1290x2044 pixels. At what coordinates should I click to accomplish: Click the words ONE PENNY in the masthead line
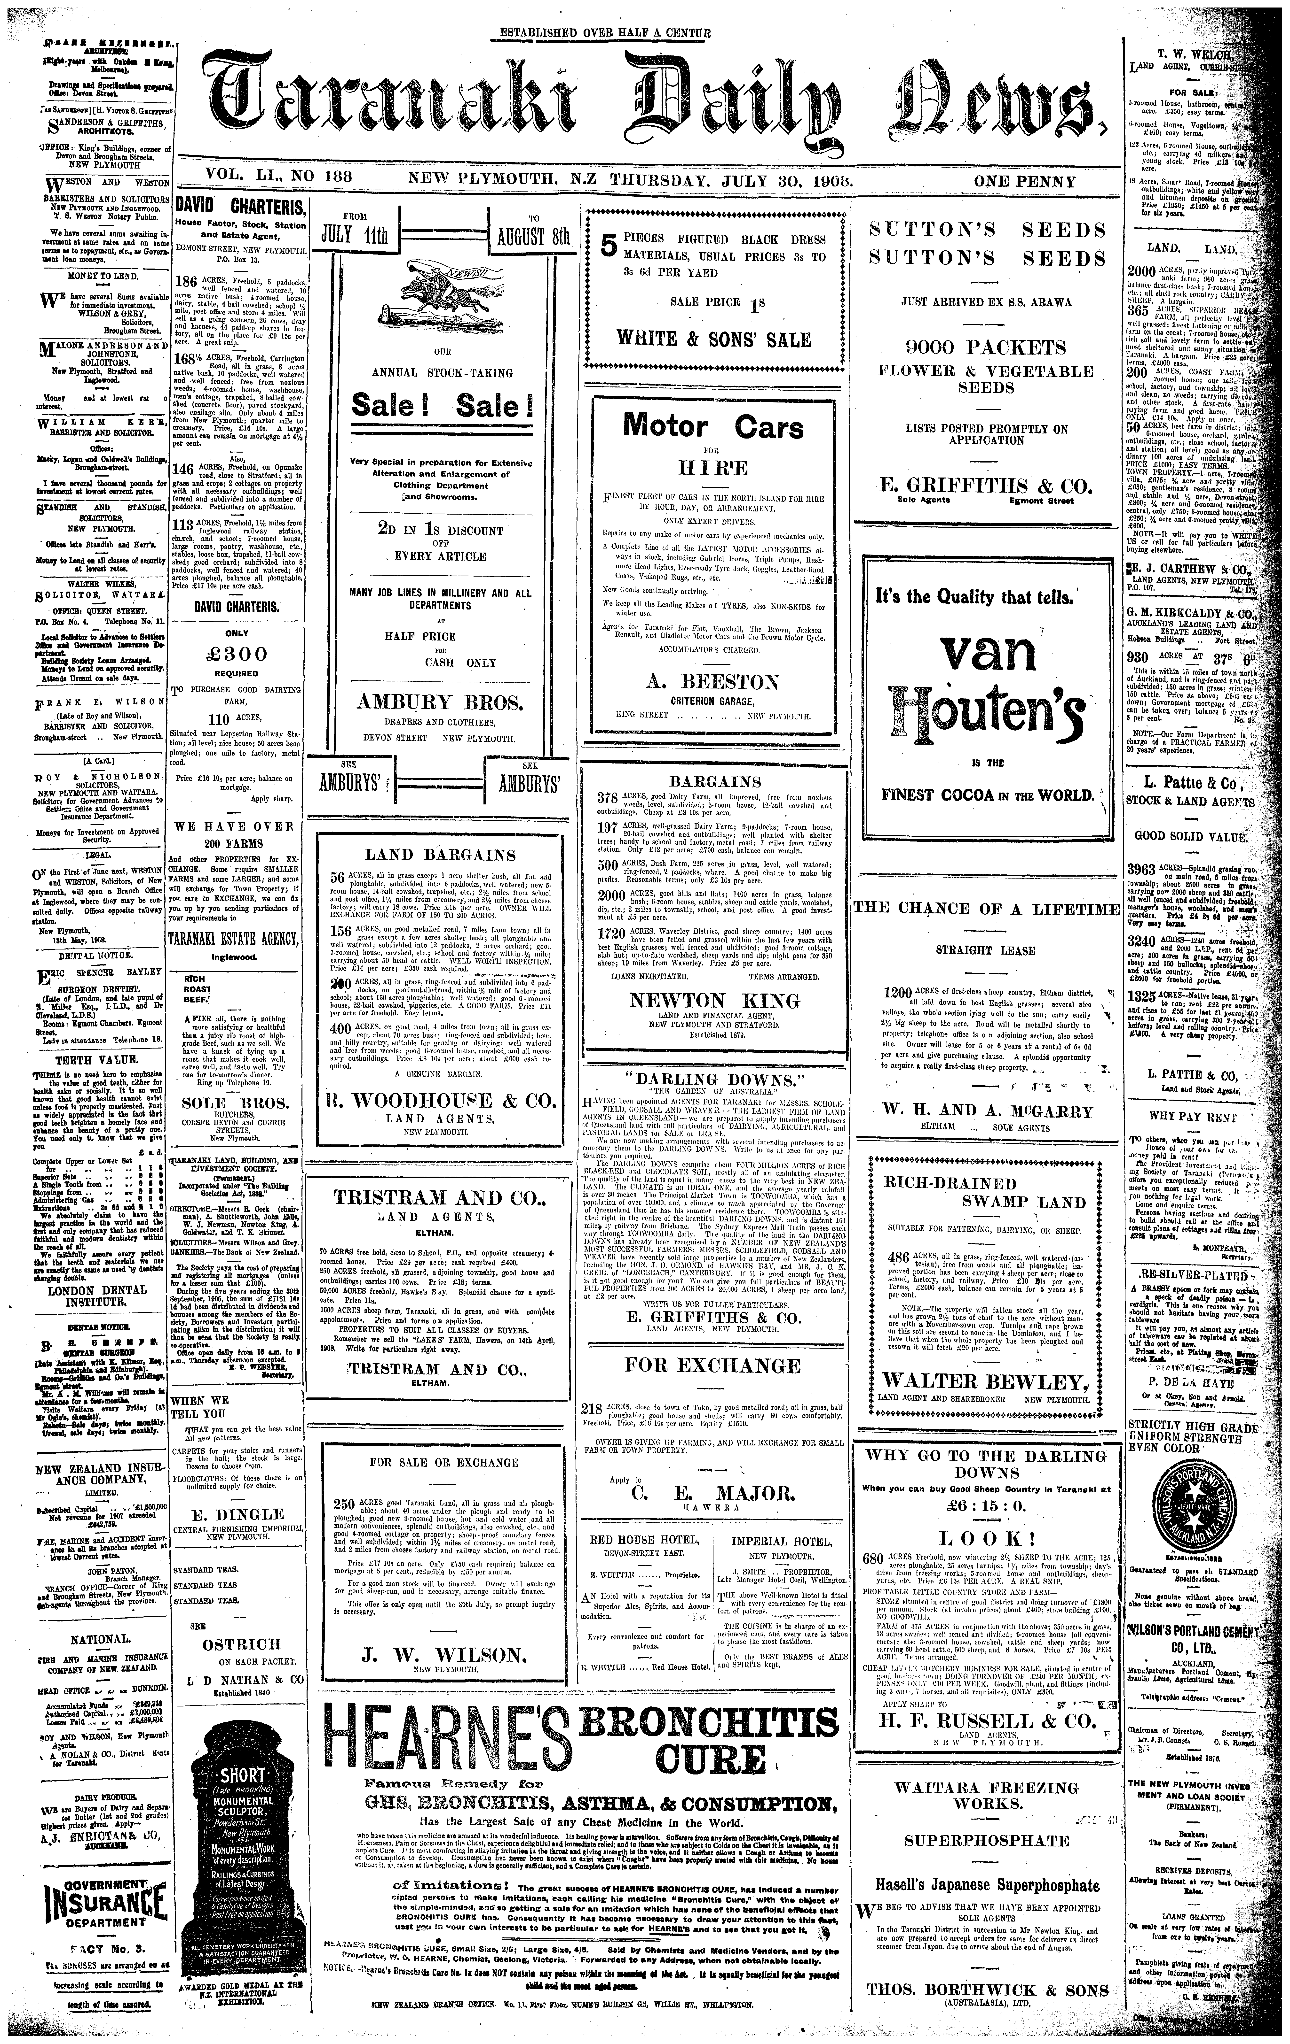point(1025,182)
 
